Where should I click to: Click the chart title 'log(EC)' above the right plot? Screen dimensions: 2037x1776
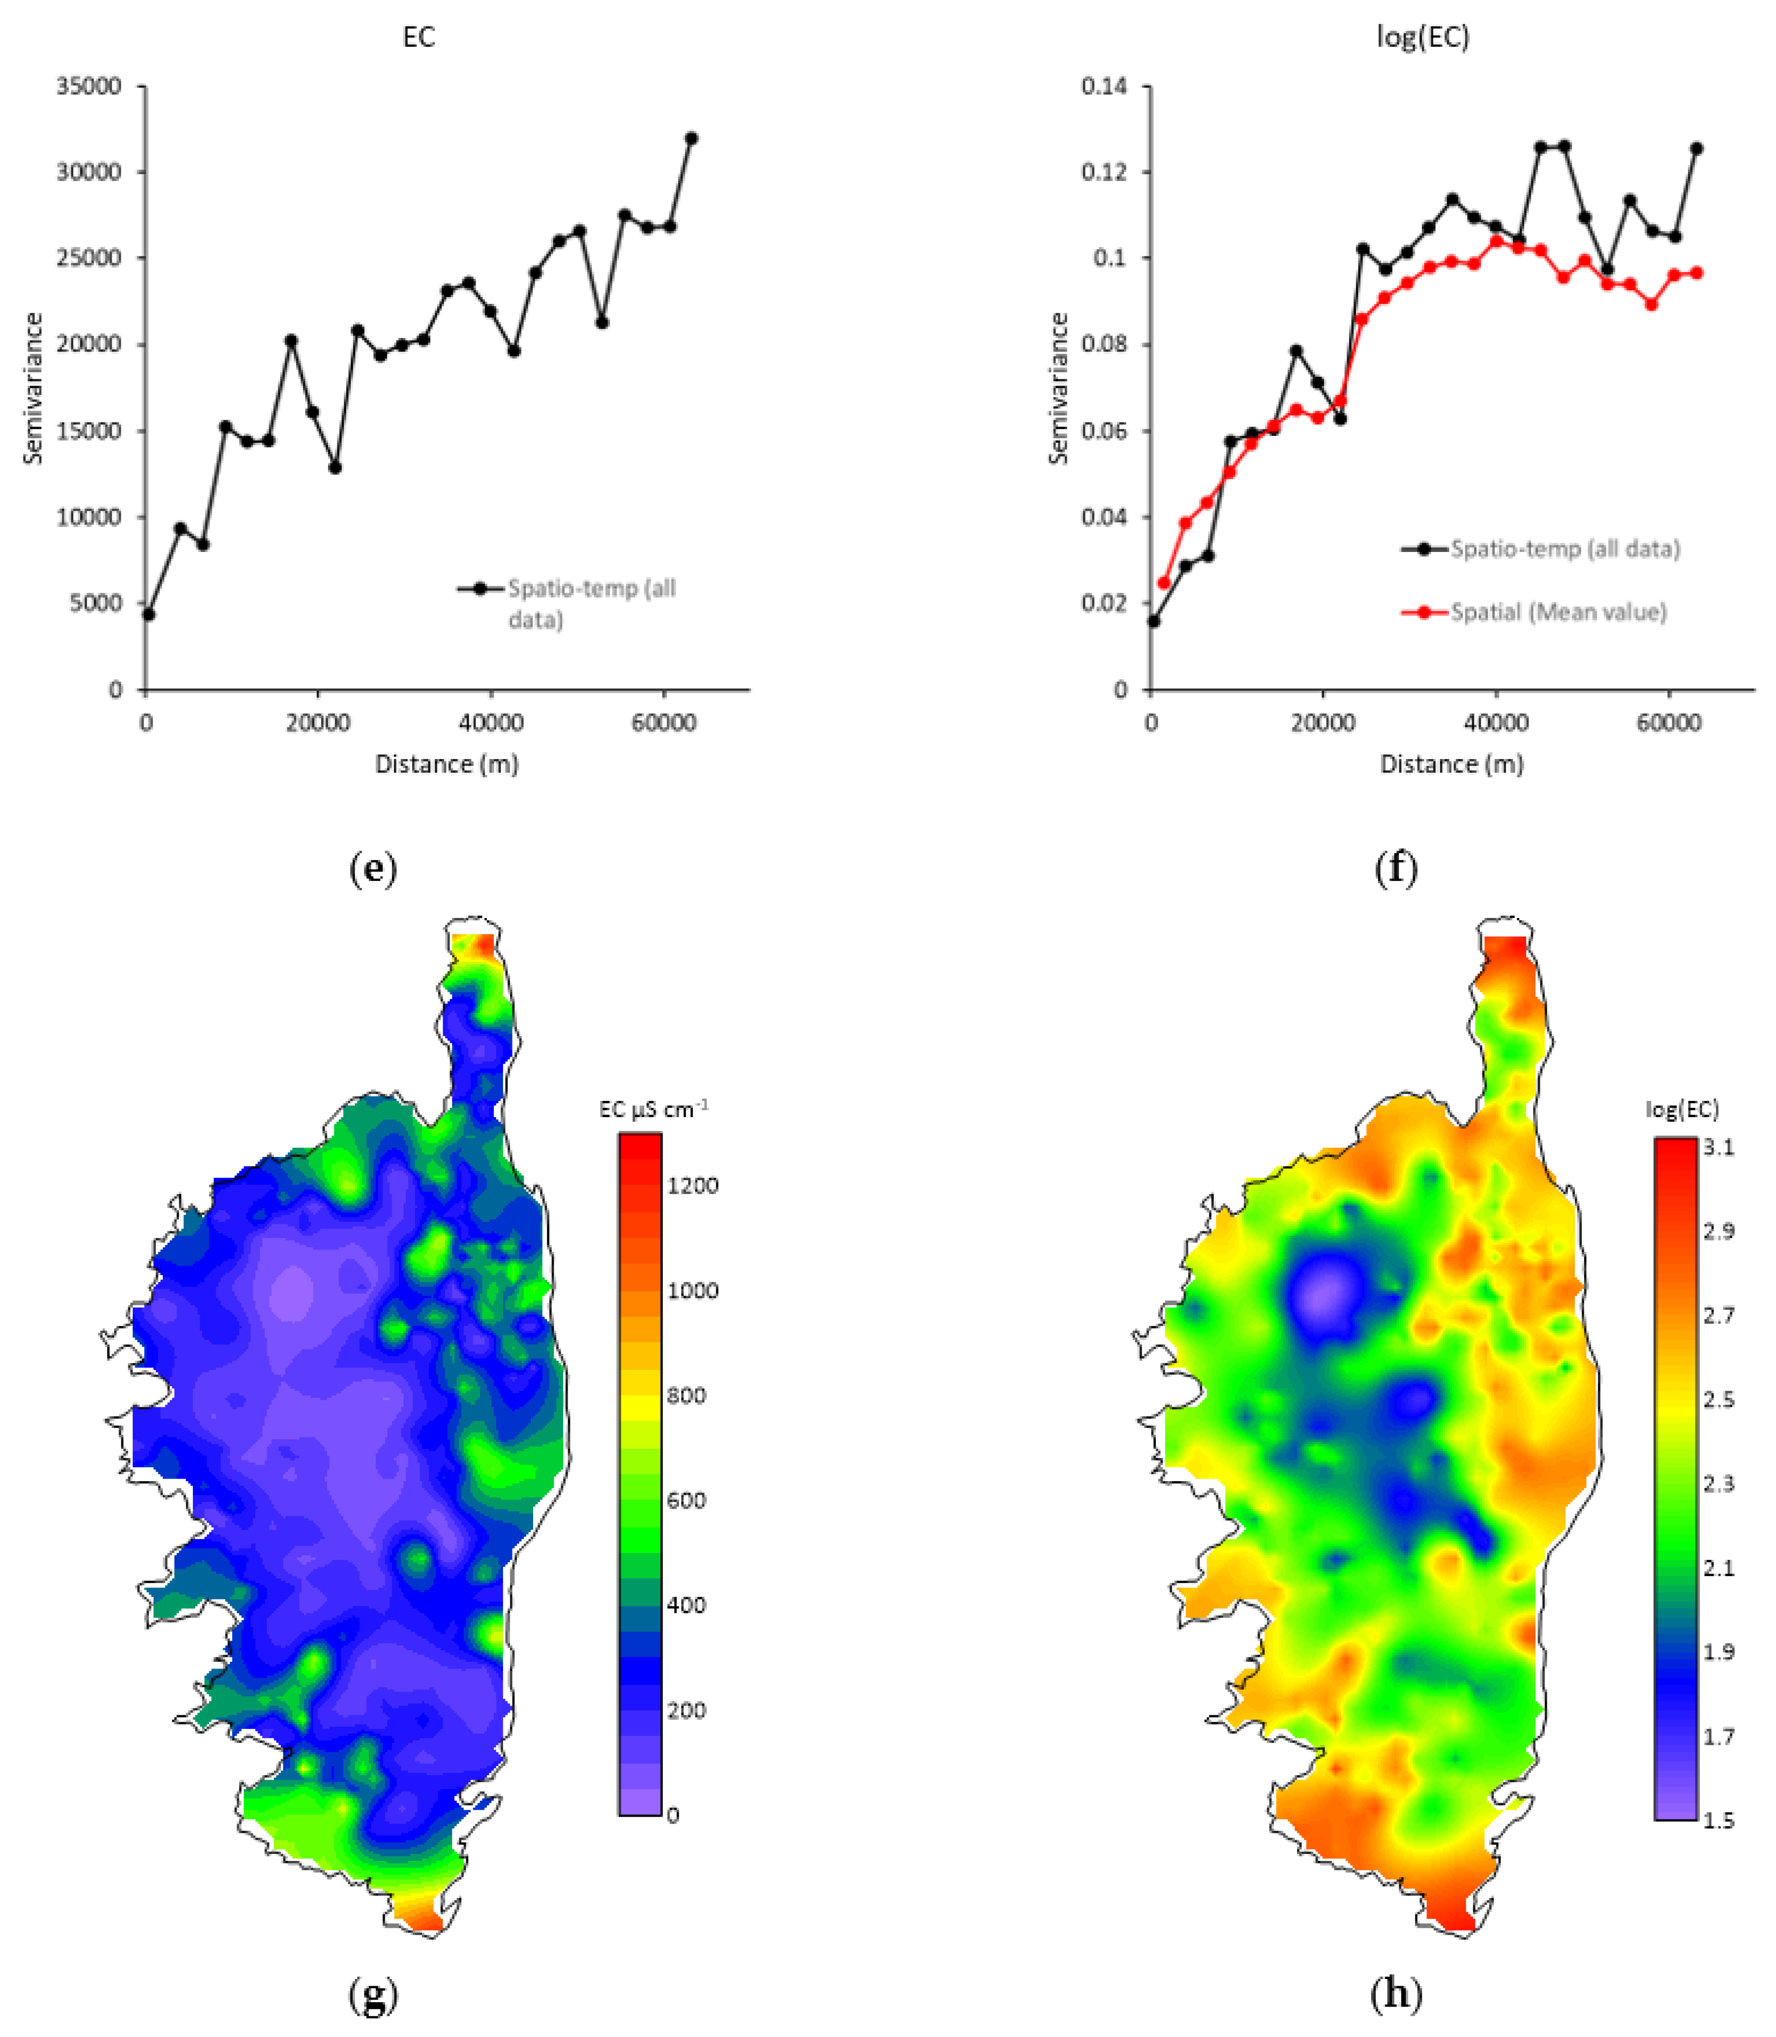pyautogui.click(x=1422, y=38)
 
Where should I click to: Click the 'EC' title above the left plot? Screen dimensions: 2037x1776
pyautogui.click(x=418, y=38)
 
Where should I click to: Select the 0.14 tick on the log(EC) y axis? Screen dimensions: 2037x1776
pyautogui.click(x=1104, y=86)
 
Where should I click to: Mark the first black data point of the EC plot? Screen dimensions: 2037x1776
pyautogui.click(x=149, y=614)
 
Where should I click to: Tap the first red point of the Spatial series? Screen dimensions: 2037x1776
pyautogui.click(x=1164, y=583)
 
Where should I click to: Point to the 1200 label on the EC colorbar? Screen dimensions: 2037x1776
pyautogui.click(x=692, y=1186)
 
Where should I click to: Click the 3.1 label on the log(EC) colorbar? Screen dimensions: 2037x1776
pyautogui.click(x=1718, y=1147)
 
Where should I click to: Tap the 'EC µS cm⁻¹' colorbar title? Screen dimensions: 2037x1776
pyautogui.click(x=653, y=1109)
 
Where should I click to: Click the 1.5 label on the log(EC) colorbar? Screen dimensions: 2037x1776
pyautogui.click(x=1718, y=1821)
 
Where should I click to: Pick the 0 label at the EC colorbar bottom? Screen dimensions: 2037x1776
pyautogui.click(x=673, y=1816)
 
